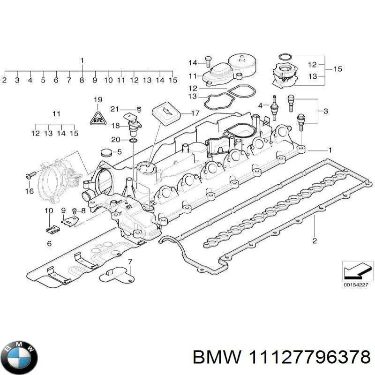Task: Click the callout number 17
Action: (195, 113)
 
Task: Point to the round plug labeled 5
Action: (106, 153)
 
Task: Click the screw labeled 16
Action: (29, 176)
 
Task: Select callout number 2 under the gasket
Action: (315, 241)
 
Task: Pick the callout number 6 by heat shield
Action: (49, 243)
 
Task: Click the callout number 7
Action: (130, 261)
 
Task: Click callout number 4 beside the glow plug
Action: (261, 105)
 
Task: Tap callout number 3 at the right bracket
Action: (326, 111)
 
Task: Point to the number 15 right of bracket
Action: (337, 69)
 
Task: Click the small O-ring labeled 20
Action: (133, 140)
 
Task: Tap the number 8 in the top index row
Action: (82, 80)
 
